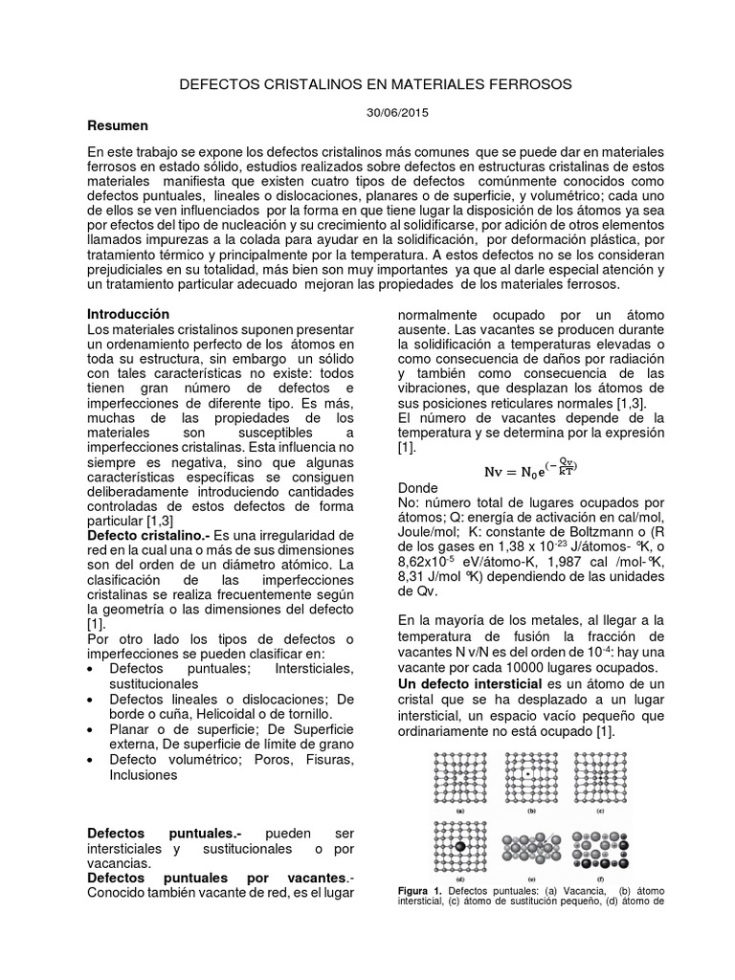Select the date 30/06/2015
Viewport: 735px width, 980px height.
coord(397,112)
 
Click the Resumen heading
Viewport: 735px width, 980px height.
coord(118,125)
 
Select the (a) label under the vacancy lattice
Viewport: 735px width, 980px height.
coord(460,811)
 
